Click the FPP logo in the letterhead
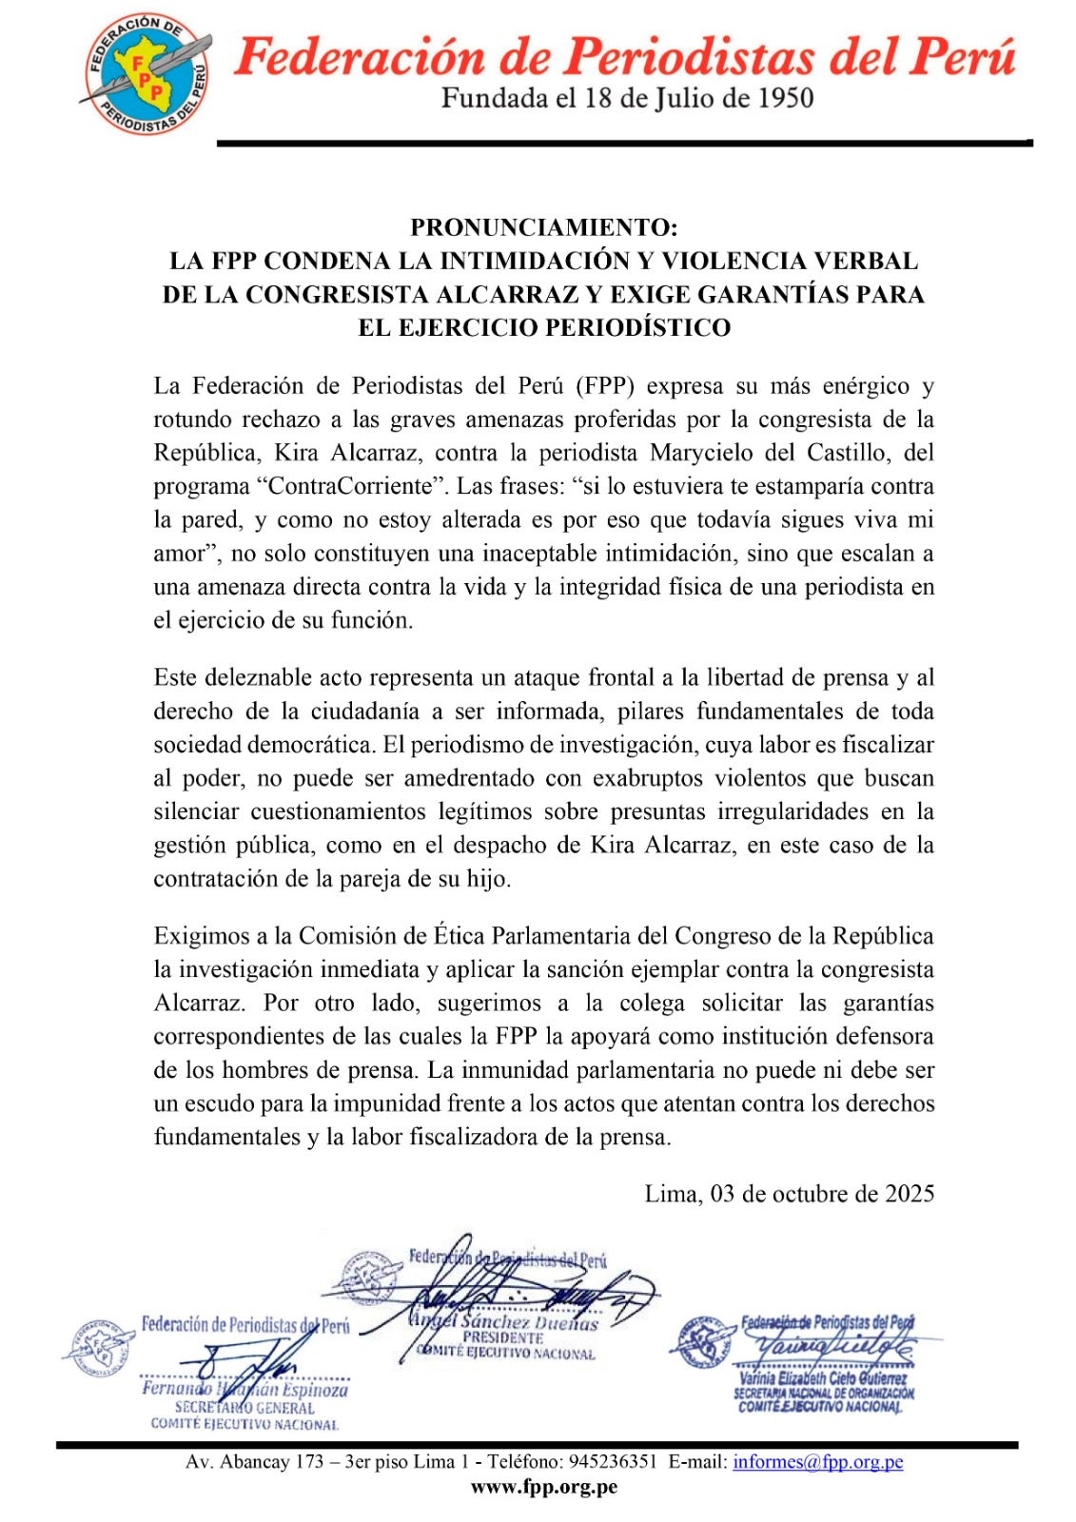[146, 74]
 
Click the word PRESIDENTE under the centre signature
[503, 1337]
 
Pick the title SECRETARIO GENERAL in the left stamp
[245, 1408]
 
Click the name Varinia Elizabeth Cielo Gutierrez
[823, 1378]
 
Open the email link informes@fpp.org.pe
[817, 1462]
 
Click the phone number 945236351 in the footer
[613, 1462]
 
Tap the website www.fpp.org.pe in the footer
[544, 1487]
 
